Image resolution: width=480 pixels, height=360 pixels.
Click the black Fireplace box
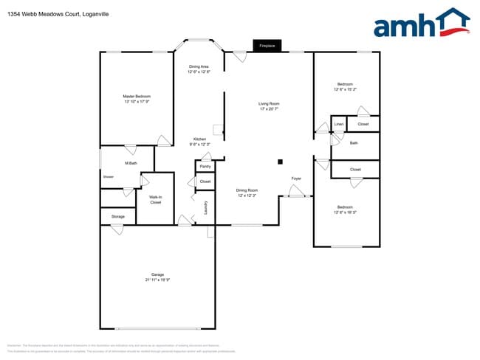click(267, 46)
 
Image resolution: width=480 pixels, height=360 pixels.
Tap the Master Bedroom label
click(137, 97)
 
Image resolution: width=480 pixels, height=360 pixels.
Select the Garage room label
click(157, 274)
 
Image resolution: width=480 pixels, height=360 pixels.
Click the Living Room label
click(268, 104)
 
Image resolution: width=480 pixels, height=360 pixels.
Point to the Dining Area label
click(199, 67)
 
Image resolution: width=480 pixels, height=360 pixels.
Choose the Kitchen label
click(199, 139)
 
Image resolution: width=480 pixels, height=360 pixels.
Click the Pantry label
click(205, 166)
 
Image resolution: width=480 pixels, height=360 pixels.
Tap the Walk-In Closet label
click(155, 199)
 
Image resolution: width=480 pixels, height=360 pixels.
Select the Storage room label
click(117, 216)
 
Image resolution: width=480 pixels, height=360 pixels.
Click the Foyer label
click(296, 179)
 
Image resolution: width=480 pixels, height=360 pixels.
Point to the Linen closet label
click(339, 124)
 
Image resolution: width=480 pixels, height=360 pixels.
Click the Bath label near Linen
click(354, 142)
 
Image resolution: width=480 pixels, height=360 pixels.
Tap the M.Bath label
click(131, 162)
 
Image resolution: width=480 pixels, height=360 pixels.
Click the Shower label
click(109, 177)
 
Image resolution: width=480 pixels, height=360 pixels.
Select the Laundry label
click(205, 208)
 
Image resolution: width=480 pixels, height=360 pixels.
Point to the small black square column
click(280, 161)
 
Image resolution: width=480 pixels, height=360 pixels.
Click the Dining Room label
click(247, 190)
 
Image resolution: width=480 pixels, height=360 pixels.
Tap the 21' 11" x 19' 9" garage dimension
click(157, 280)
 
